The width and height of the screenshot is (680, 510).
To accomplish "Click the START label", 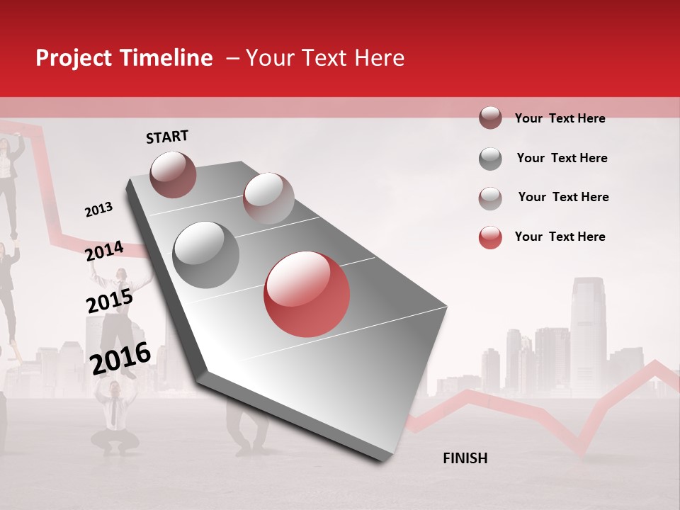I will point(167,137).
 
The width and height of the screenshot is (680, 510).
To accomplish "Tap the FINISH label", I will point(465,458).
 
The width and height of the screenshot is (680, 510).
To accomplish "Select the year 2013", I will point(98,210).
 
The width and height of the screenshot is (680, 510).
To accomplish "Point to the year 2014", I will point(104,251).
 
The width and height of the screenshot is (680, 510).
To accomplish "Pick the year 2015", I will point(109,301).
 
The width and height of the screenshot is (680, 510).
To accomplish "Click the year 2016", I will point(120,358).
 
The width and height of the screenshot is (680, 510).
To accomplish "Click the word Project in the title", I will point(74,58).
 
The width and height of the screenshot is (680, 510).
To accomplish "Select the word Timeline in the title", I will point(166,58).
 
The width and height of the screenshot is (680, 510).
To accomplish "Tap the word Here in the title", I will point(379,58).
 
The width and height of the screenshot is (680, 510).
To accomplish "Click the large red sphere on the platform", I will point(307,295).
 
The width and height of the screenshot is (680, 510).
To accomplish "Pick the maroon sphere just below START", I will point(173,174).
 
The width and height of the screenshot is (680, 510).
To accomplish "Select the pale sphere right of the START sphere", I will point(268,198).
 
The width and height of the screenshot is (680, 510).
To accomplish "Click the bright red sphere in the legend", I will point(489,237).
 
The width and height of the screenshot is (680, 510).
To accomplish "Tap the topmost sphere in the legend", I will point(489,118).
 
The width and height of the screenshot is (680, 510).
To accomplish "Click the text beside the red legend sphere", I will point(560,237).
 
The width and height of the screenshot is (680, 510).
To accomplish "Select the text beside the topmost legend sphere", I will point(560,118).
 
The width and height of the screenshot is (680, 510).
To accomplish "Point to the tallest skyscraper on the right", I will point(588,333).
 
